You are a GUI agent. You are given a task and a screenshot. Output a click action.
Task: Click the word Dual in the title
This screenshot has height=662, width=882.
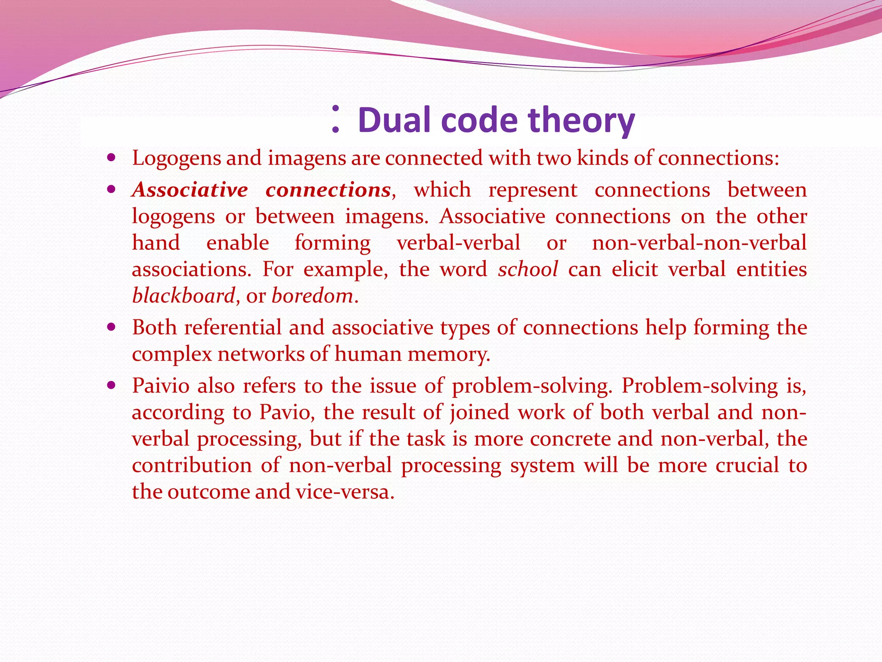[x=394, y=120]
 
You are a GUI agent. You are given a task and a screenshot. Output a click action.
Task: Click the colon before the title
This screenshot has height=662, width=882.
[x=336, y=119]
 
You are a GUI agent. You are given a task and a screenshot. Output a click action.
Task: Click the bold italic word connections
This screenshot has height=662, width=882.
[x=328, y=190]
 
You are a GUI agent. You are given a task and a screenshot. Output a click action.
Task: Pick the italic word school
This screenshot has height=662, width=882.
[x=528, y=269]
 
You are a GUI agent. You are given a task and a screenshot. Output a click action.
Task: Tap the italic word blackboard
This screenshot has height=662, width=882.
[x=183, y=296]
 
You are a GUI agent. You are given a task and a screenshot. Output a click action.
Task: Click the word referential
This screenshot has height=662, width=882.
[x=233, y=328]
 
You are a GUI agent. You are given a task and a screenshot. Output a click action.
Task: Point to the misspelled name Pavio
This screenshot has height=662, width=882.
[x=284, y=412]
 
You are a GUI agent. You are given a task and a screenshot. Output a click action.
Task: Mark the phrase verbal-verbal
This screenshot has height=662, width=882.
[x=459, y=243]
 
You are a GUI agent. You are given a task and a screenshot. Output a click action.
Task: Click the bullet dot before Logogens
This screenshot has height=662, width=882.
[x=112, y=158]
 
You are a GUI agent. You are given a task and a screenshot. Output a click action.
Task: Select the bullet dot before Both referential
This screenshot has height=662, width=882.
[x=112, y=327]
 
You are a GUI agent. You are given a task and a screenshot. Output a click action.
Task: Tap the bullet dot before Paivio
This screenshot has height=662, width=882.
[x=112, y=385]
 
